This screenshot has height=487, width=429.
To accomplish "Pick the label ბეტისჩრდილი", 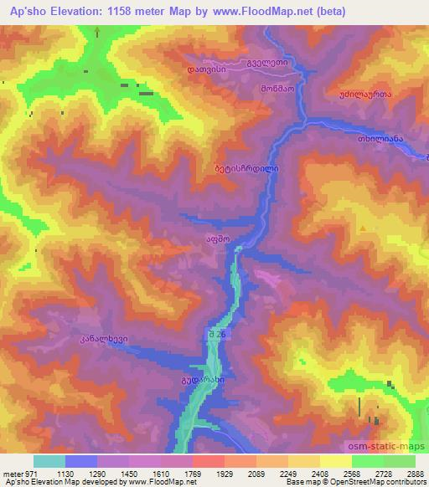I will [246, 167].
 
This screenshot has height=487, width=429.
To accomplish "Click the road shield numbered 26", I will [217, 334].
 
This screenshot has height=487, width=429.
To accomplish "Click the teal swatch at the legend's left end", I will [49, 461].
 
